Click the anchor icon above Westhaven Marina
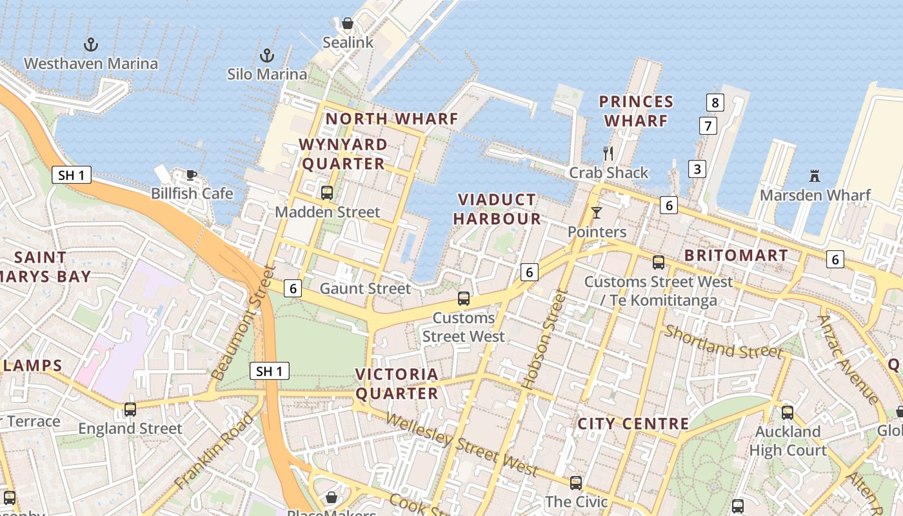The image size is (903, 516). pos(91,45)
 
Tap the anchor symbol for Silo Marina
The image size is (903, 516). pos(266,55)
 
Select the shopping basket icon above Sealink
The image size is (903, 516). pos(348,24)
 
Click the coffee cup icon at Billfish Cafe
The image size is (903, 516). pos(191,174)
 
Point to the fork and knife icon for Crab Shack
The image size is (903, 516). pos(608,153)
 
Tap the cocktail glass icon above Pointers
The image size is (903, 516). pos(597,212)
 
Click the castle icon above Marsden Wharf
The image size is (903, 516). pos(815,175)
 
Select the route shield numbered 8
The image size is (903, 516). pos(715,102)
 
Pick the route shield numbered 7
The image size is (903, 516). pos(708,126)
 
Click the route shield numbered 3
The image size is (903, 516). pos(697,169)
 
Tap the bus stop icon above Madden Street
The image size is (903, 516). pos(327,192)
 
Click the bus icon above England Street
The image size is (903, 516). pos(130,409)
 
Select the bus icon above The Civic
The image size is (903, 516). pos(575,482)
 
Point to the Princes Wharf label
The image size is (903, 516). pos(636,111)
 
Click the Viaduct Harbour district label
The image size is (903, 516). pos(497,209)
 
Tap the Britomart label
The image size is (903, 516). pos(736,255)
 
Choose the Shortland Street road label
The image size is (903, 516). pos(723,342)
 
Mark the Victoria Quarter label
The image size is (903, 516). pos(397,383)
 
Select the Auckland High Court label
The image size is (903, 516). pos(788,441)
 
